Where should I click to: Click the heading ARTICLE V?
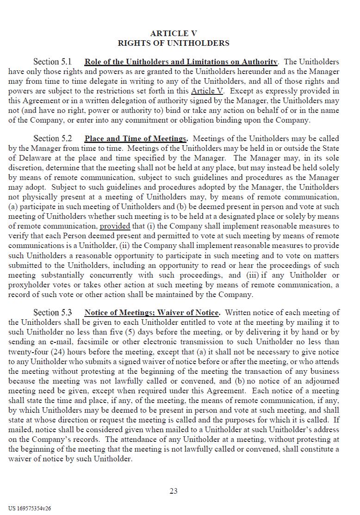[x=174, y=33]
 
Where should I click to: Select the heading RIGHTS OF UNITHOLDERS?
[x=174, y=43]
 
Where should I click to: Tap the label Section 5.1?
[x=52, y=62]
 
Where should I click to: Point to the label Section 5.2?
[x=52, y=138]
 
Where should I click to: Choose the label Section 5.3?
[x=52, y=313]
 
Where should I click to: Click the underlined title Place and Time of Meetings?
[x=136, y=138]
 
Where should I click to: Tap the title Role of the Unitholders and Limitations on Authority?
[x=181, y=62]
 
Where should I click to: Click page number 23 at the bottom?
[x=174, y=491]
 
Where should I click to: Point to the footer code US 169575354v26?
[x=30, y=508]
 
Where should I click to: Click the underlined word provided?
[x=115, y=226]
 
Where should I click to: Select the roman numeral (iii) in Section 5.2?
[x=253, y=275]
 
